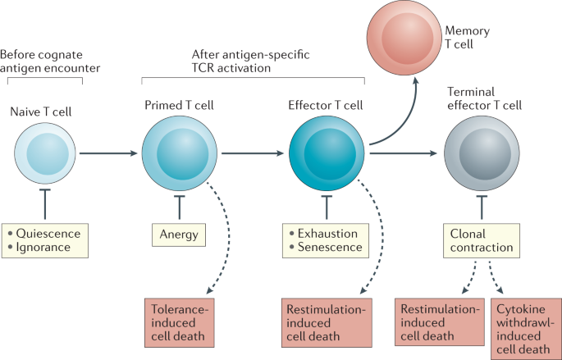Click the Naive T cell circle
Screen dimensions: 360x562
[40, 153]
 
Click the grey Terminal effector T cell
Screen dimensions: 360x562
[480, 153]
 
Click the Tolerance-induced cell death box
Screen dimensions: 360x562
[182, 318]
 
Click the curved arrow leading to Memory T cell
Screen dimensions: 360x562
[391, 123]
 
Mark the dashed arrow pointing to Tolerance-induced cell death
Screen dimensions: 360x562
[215, 238]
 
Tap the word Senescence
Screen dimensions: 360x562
[328, 247]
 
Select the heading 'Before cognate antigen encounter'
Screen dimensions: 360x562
[41, 62]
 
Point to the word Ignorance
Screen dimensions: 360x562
[46, 247]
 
